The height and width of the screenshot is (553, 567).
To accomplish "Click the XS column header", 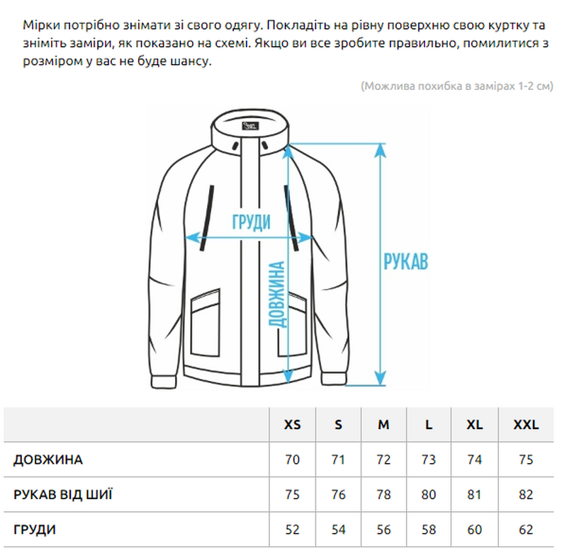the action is pyautogui.click(x=292, y=424).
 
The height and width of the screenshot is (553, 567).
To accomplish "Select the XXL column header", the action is pyautogui.click(x=526, y=424).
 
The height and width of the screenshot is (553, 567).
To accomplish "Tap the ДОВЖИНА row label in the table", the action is pyautogui.click(x=48, y=460).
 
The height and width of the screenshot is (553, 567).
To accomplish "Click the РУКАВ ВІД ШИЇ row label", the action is pyautogui.click(x=63, y=494).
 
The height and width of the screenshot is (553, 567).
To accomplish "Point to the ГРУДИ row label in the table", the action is pyautogui.click(x=35, y=530).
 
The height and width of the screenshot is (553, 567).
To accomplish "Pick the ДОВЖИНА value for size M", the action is pyautogui.click(x=383, y=460).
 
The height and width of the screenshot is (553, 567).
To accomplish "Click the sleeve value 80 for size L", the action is pyautogui.click(x=429, y=494).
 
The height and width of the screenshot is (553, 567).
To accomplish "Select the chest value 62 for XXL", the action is pyautogui.click(x=526, y=530).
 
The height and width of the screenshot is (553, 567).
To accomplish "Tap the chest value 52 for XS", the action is pyautogui.click(x=292, y=530).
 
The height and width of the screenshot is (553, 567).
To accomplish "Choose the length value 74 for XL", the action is pyautogui.click(x=474, y=460).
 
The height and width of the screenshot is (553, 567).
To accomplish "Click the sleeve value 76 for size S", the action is pyautogui.click(x=338, y=494).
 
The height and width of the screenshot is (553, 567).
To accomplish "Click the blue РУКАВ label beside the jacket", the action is pyautogui.click(x=405, y=261).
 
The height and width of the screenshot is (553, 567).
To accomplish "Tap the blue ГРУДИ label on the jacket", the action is pyautogui.click(x=252, y=222).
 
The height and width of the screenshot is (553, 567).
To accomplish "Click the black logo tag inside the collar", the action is pyautogui.click(x=250, y=126).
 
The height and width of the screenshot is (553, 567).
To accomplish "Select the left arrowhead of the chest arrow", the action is pyautogui.click(x=191, y=238).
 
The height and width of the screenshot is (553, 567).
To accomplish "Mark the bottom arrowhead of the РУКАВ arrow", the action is pyautogui.click(x=380, y=378).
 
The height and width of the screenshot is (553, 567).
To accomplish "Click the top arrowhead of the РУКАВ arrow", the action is pyautogui.click(x=380, y=151).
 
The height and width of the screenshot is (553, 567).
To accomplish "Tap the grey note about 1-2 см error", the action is pyautogui.click(x=457, y=86).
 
